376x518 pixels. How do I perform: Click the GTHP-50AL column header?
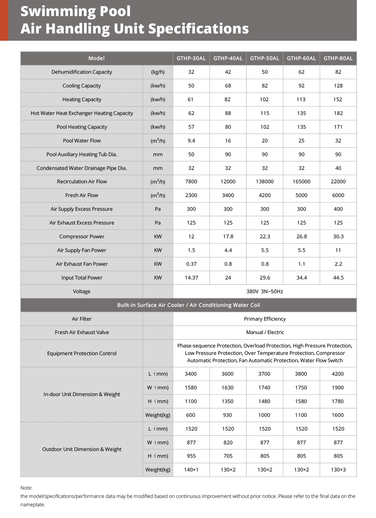[264, 58]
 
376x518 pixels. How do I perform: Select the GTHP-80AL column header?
[338, 58]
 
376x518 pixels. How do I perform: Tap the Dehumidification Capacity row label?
[82, 72]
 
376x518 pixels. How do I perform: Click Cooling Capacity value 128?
[338, 86]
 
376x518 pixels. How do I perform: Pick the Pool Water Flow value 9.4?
[191, 141]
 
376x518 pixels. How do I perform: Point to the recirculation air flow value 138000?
[264, 182]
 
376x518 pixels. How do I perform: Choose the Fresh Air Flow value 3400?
[228, 195]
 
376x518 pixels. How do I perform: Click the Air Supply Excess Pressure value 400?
[338, 209]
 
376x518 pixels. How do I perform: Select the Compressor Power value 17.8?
[228, 237]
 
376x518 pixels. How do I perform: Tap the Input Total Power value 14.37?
[191, 278]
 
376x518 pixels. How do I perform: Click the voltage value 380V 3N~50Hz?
[264, 292]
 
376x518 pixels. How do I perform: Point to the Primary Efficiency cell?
[264, 319]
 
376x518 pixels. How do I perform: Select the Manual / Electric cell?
[265, 332]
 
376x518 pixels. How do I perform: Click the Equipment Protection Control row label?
[82, 353]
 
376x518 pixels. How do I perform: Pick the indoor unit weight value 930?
[227, 415]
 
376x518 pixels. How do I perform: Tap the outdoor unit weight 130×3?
[338, 470]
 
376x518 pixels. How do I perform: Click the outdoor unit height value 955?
[191, 456]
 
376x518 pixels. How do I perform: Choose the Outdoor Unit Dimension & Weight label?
[82, 449]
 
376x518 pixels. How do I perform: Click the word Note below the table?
[26, 488]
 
